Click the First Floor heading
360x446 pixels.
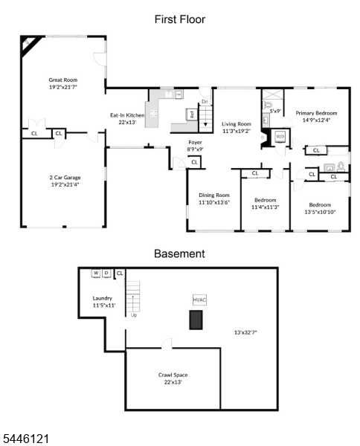179,19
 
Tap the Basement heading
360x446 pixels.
179,253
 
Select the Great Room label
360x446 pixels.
63,80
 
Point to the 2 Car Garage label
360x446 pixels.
65,178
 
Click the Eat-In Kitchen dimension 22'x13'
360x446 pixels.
127,123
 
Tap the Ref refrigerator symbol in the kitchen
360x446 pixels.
192,114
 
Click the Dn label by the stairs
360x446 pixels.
205,102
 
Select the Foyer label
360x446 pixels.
195,142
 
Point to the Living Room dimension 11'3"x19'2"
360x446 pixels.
237,131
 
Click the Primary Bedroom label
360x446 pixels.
316,113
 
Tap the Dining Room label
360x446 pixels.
214,195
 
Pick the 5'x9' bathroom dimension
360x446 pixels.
275,111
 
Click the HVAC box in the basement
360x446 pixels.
199,300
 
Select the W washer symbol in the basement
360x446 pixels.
96,273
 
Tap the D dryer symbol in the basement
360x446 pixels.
106,273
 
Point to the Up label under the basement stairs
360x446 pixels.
134,315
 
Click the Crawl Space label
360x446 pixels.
173,375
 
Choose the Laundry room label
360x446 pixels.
103,298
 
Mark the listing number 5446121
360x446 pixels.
25,439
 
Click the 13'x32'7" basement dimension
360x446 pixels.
245,332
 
